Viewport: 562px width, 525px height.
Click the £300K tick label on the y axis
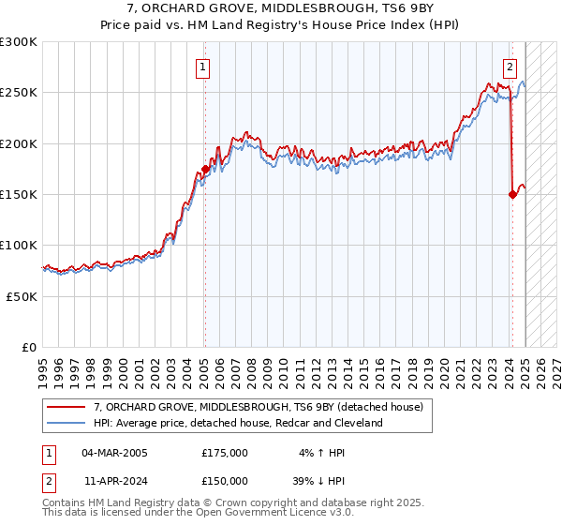pos(19,42)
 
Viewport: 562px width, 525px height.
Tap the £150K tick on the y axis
pos(19,195)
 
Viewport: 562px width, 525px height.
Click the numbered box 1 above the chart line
pos(203,67)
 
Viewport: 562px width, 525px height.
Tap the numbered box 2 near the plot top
pos(510,67)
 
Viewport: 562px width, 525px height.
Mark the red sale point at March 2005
pos(204,170)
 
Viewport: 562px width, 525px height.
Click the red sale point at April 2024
pos(512,195)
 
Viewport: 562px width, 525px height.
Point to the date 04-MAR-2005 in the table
pos(114,453)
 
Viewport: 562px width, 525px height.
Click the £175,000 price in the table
pos(225,453)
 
